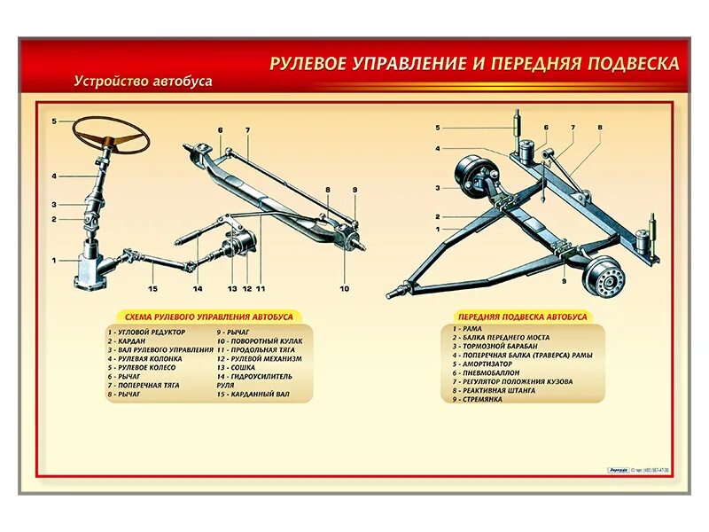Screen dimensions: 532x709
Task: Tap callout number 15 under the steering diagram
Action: click(x=152, y=288)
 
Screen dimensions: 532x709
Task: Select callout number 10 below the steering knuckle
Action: click(x=344, y=288)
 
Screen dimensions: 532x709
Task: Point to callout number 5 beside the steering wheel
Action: click(x=54, y=121)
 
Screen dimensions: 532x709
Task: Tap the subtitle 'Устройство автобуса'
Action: click(x=144, y=81)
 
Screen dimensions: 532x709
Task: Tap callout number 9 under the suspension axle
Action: click(x=563, y=281)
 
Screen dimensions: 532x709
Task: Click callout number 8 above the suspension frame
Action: click(x=599, y=128)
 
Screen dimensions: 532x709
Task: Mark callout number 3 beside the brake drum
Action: click(x=437, y=188)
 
